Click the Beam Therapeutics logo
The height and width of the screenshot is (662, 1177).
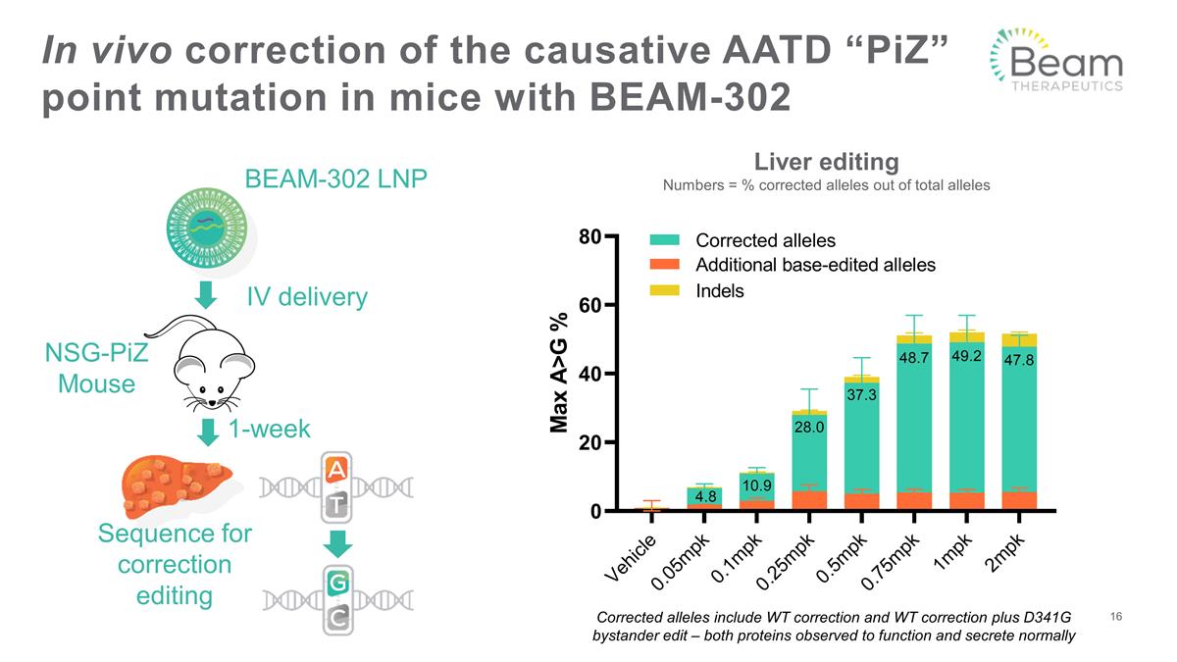(x=1056, y=60)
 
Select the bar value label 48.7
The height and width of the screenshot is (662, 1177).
(x=913, y=358)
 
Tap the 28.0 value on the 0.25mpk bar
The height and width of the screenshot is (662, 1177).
(x=809, y=427)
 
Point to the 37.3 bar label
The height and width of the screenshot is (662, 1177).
(x=861, y=394)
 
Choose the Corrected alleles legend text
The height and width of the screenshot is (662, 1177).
(x=765, y=240)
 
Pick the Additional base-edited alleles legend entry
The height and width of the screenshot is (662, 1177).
(x=814, y=265)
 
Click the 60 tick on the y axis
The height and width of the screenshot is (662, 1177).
(x=589, y=305)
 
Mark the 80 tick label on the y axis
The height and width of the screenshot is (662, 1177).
(x=589, y=236)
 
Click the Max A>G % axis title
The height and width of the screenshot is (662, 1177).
(x=560, y=373)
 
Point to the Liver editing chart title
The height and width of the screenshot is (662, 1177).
(x=825, y=161)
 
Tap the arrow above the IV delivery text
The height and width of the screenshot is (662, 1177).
(x=206, y=293)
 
